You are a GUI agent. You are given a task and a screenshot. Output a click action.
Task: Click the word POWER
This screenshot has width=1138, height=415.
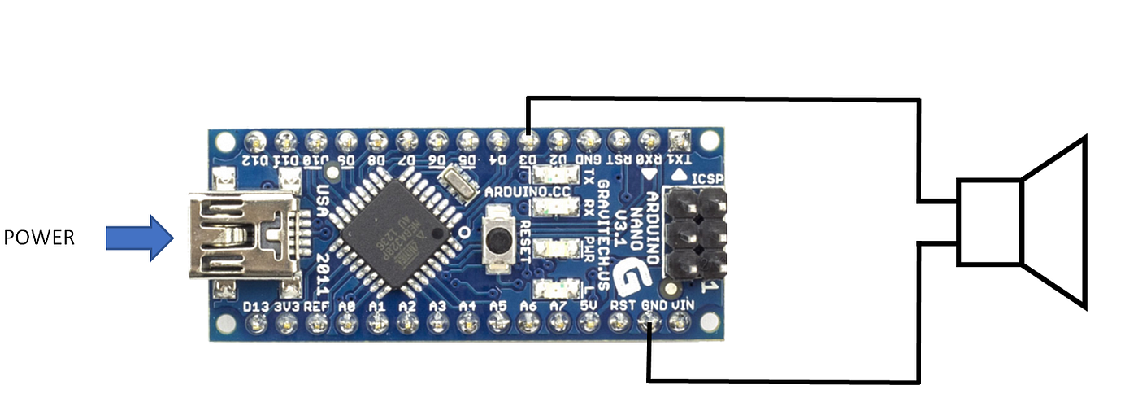point(39,238)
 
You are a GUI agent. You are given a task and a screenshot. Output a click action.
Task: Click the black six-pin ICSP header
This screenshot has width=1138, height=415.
point(696,233)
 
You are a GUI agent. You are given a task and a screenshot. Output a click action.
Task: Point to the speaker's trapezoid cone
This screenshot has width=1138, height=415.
point(1054,222)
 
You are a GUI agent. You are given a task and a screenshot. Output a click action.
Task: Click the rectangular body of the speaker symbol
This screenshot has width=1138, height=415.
point(988,222)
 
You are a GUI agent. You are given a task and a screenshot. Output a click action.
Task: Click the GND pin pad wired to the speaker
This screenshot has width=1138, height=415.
point(649,325)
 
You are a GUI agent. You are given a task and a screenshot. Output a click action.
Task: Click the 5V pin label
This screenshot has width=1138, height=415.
point(590,305)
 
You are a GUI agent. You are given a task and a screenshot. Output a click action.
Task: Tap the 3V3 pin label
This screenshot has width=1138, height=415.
point(286,306)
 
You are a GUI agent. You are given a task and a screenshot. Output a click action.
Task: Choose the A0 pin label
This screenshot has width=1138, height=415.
point(347,306)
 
